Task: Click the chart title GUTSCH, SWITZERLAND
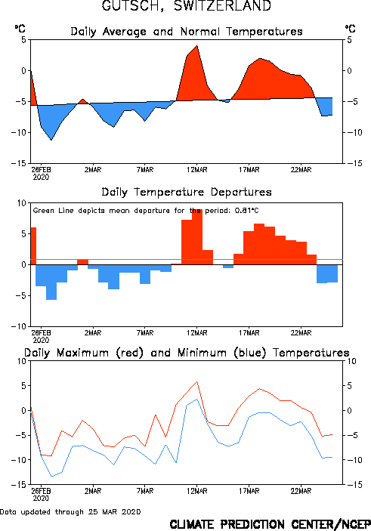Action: click(187, 6)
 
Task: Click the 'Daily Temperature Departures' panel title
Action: click(187, 192)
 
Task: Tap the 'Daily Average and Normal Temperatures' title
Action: click(187, 32)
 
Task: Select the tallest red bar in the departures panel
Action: click(197, 236)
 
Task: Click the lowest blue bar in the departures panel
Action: click(51, 282)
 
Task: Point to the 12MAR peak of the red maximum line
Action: click(197, 381)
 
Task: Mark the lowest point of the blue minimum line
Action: click(51, 476)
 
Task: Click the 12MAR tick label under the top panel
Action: click(197, 170)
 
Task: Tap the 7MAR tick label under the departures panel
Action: click(145, 333)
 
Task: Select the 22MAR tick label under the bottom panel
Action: click(301, 491)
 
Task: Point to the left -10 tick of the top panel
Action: click(19, 132)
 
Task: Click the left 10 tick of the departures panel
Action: click(22, 203)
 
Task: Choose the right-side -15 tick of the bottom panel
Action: click(354, 485)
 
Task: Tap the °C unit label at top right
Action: click(351, 29)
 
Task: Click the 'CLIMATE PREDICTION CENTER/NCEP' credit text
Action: click(270, 524)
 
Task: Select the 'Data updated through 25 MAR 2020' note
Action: click(70, 511)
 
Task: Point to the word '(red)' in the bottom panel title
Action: click(130, 353)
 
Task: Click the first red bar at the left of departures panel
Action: click(33, 245)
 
